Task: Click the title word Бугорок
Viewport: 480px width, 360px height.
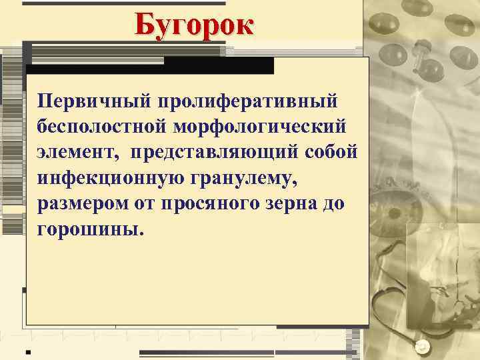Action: coord(193,25)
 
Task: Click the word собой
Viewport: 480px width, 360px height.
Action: coord(339,151)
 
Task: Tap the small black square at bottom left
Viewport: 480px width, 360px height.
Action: coord(29,350)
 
